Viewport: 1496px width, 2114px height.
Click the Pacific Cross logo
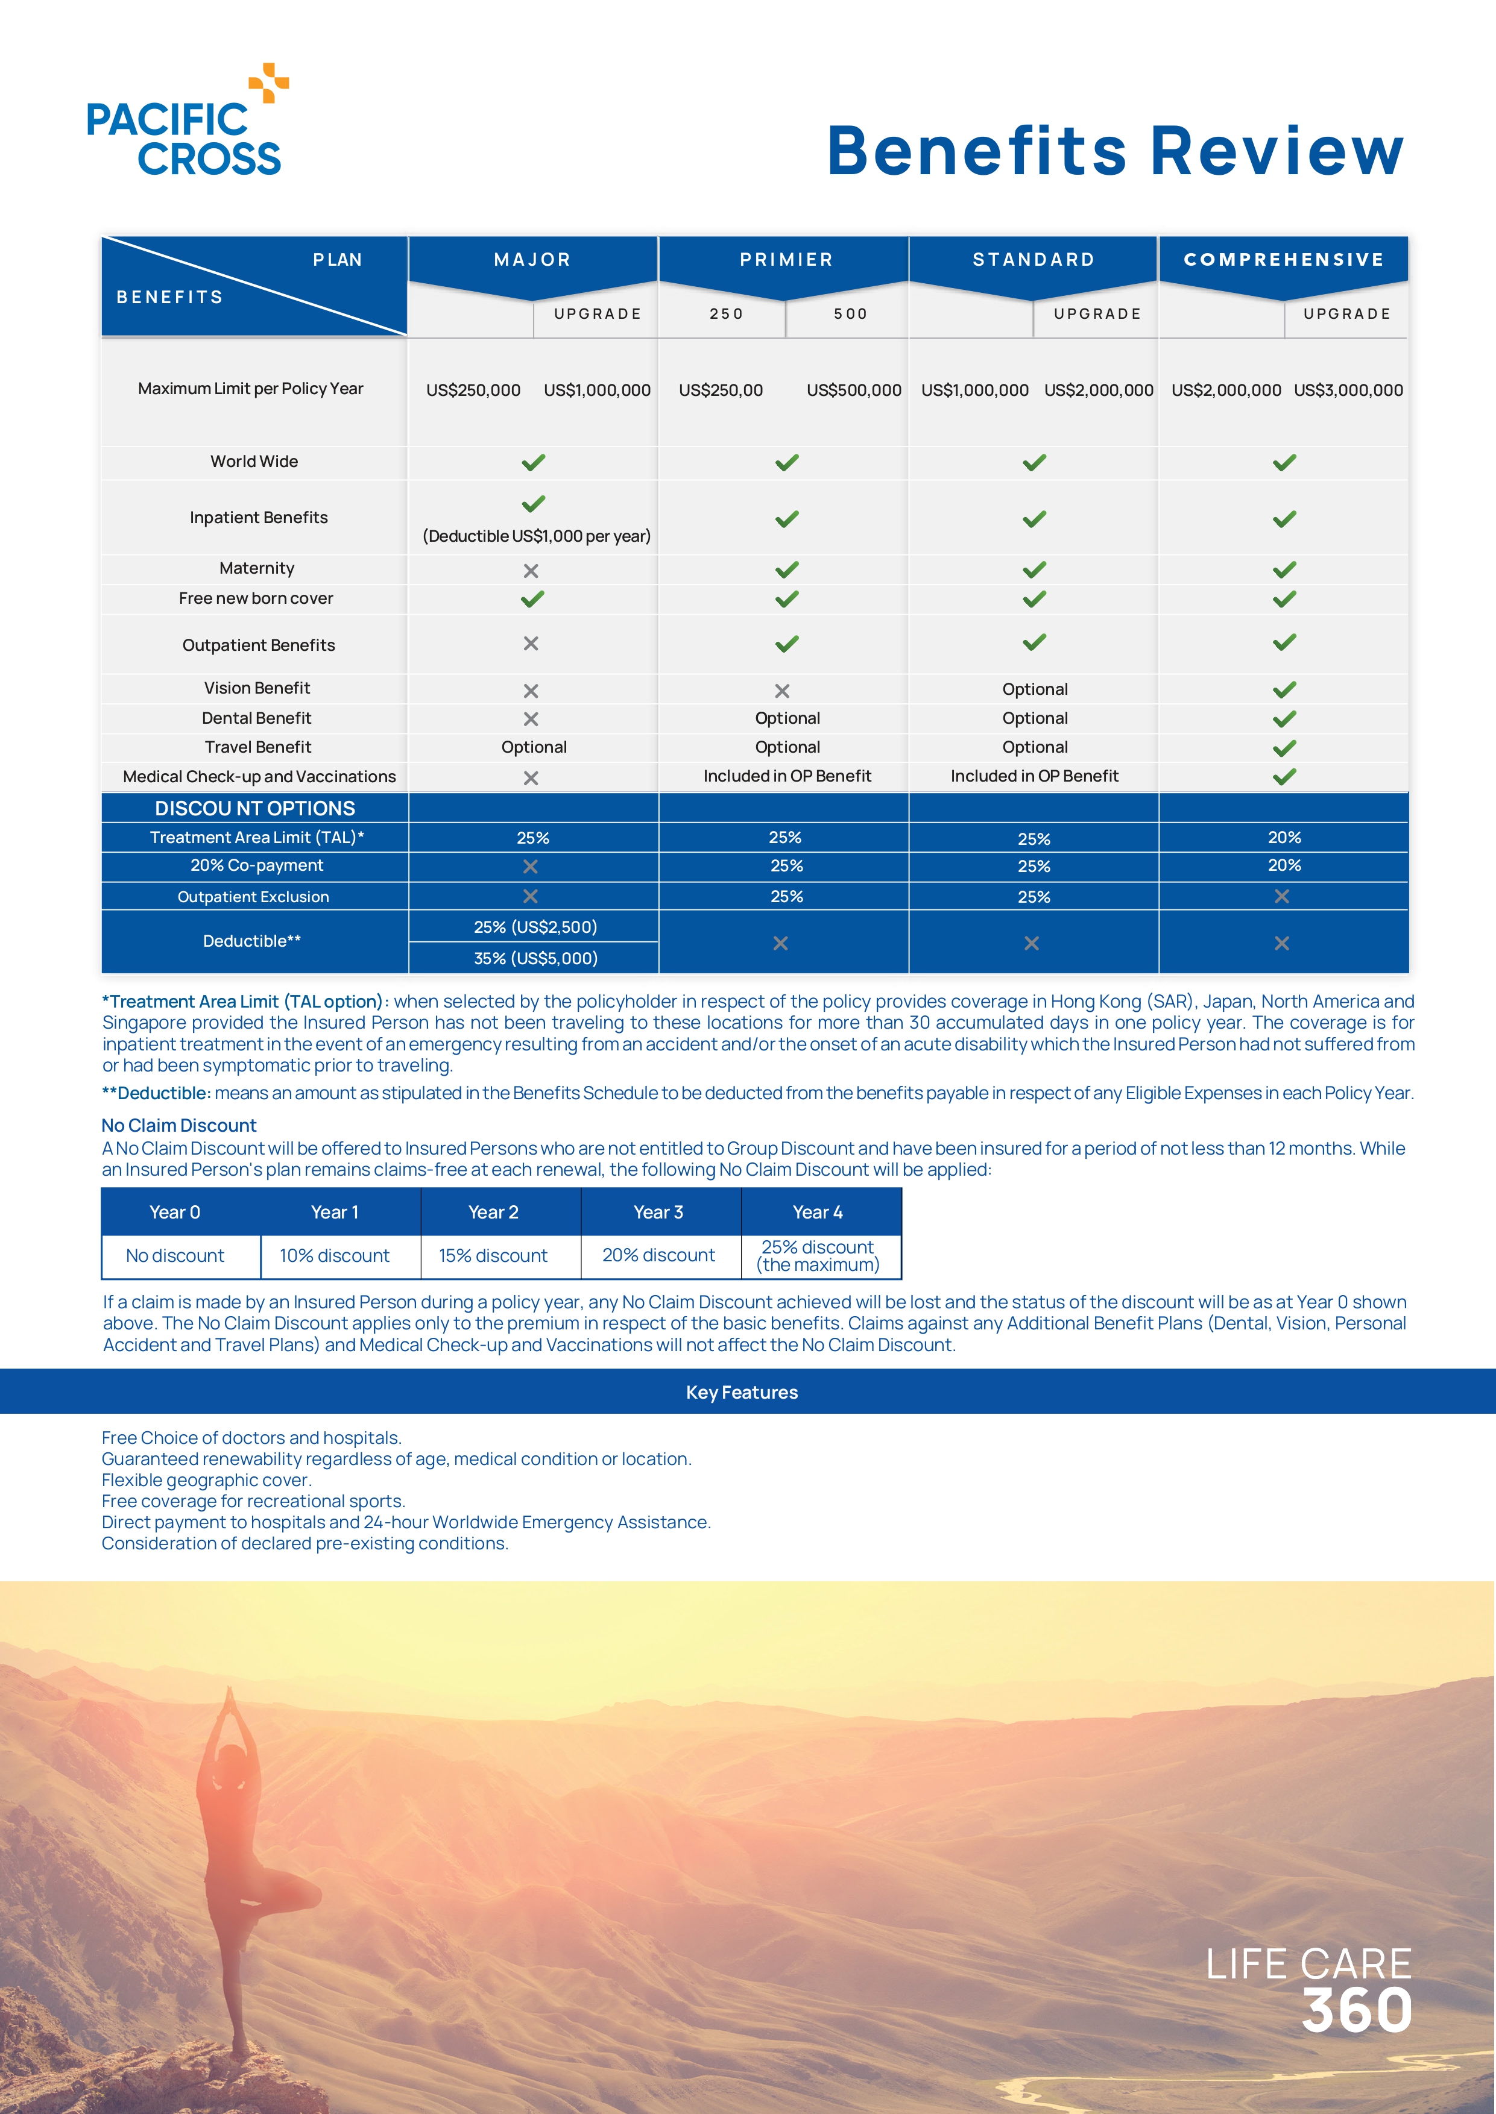click(187, 122)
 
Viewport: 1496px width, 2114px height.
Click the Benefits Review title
click(1115, 151)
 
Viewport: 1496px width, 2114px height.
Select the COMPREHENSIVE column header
click(1283, 260)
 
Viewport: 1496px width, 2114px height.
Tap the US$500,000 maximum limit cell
click(853, 390)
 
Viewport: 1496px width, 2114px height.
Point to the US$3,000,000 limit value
click(1348, 390)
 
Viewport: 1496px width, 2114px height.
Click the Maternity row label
click(256, 568)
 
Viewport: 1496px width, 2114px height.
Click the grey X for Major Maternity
click(531, 571)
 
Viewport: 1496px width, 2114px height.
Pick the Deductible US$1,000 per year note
click(536, 536)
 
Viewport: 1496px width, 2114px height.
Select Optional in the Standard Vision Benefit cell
click(1035, 689)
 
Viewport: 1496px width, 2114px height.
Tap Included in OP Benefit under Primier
click(787, 776)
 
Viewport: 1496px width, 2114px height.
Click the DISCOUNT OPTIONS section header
click(254, 808)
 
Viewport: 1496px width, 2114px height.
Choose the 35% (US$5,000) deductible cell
click(535, 959)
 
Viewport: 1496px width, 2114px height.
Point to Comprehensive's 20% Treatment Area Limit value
click(1283, 837)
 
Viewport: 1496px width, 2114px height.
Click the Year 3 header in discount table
click(658, 1212)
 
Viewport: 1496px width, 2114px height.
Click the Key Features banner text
click(742, 1392)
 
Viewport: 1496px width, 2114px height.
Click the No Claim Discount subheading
click(178, 1125)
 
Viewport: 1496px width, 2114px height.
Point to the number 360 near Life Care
click(1356, 2011)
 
